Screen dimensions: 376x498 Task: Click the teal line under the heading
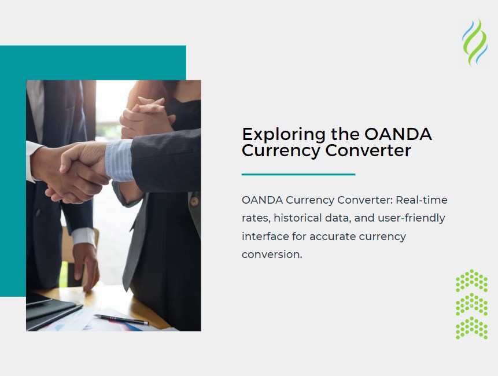click(x=298, y=174)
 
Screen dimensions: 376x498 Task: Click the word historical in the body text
click(x=297, y=218)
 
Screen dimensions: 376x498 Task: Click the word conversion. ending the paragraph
click(x=272, y=254)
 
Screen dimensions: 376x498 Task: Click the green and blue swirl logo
click(x=474, y=42)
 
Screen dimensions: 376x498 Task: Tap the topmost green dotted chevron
click(x=471, y=281)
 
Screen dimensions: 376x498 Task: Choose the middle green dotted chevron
click(x=471, y=304)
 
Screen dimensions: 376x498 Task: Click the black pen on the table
click(x=121, y=319)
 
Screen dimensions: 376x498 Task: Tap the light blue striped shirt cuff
click(x=119, y=160)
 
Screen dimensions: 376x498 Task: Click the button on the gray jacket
click(x=195, y=202)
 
